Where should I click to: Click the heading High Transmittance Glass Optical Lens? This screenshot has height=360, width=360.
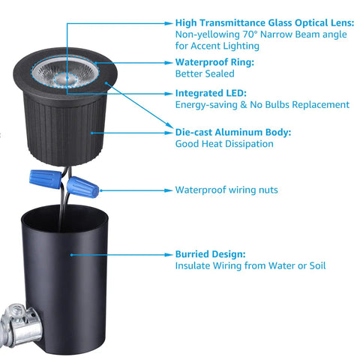(x=265, y=22)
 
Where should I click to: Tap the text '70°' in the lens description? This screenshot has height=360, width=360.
(x=250, y=34)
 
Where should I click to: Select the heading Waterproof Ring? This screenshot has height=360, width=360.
(x=214, y=62)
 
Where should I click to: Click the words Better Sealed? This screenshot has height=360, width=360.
(x=205, y=73)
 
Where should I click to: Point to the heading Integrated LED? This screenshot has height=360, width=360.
(x=211, y=93)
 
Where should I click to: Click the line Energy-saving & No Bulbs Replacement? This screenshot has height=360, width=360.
(x=262, y=105)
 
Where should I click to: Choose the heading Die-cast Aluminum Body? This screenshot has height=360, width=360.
(x=233, y=132)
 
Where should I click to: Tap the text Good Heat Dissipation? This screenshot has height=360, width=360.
(x=224, y=144)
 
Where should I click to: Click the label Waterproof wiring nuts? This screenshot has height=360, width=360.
(x=226, y=190)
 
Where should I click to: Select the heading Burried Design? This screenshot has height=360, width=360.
(x=210, y=254)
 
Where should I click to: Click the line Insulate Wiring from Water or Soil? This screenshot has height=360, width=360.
(x=250, y=265)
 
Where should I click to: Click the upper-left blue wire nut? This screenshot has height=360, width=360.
(x=46, y=178)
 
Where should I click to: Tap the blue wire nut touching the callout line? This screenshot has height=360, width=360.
(x=82, y=187)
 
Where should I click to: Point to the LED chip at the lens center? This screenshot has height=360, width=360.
(x=65, y=79)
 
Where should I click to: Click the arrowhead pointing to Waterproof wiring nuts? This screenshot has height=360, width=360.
(x=168, y=190)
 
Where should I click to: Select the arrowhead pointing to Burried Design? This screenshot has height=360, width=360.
(x=168, y=255)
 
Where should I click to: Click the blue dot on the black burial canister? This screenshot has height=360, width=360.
(x=71, y=255)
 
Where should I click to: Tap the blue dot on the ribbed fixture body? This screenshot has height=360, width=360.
(x=92, y=133)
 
